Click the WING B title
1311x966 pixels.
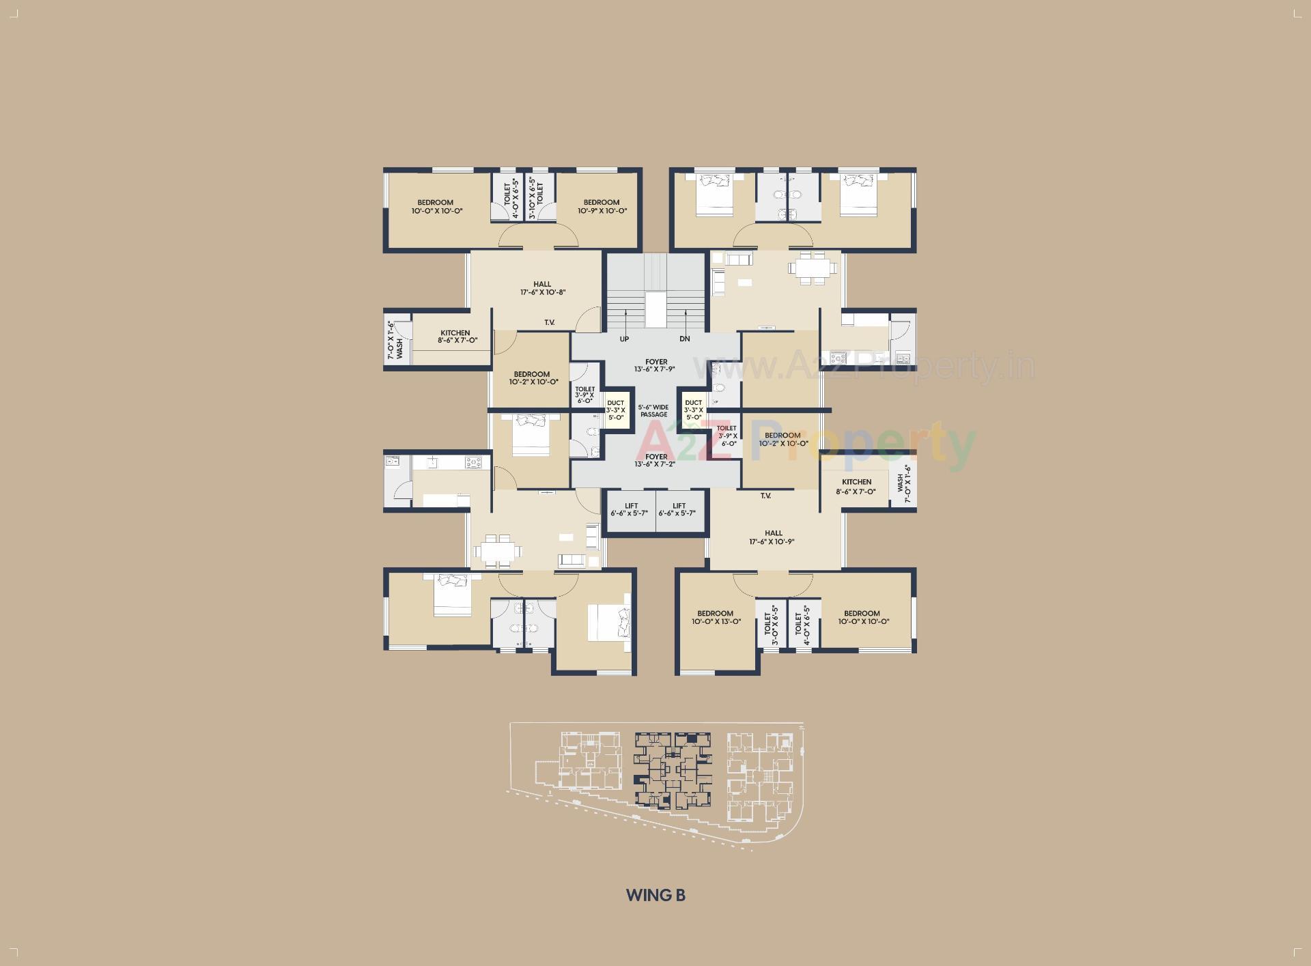(655, 895)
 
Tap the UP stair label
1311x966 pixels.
(624, 339)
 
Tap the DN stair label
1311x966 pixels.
(685, 339)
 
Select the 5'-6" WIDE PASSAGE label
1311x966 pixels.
(653, 411)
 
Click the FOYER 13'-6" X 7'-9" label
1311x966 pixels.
(656, 365)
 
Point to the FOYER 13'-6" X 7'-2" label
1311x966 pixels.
(656, 460)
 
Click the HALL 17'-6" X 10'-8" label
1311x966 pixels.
(542, 288)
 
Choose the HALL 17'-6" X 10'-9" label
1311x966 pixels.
(773, 537)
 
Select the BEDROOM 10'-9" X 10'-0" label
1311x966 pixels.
(602, 206)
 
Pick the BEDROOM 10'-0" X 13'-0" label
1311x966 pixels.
(715, 617)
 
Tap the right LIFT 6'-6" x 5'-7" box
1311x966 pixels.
(679, 510)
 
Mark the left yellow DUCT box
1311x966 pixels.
(615, 410)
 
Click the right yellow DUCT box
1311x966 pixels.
(693, 410)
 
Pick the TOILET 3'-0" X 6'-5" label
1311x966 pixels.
(771, 624)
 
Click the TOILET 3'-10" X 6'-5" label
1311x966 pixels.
(535, 198)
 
